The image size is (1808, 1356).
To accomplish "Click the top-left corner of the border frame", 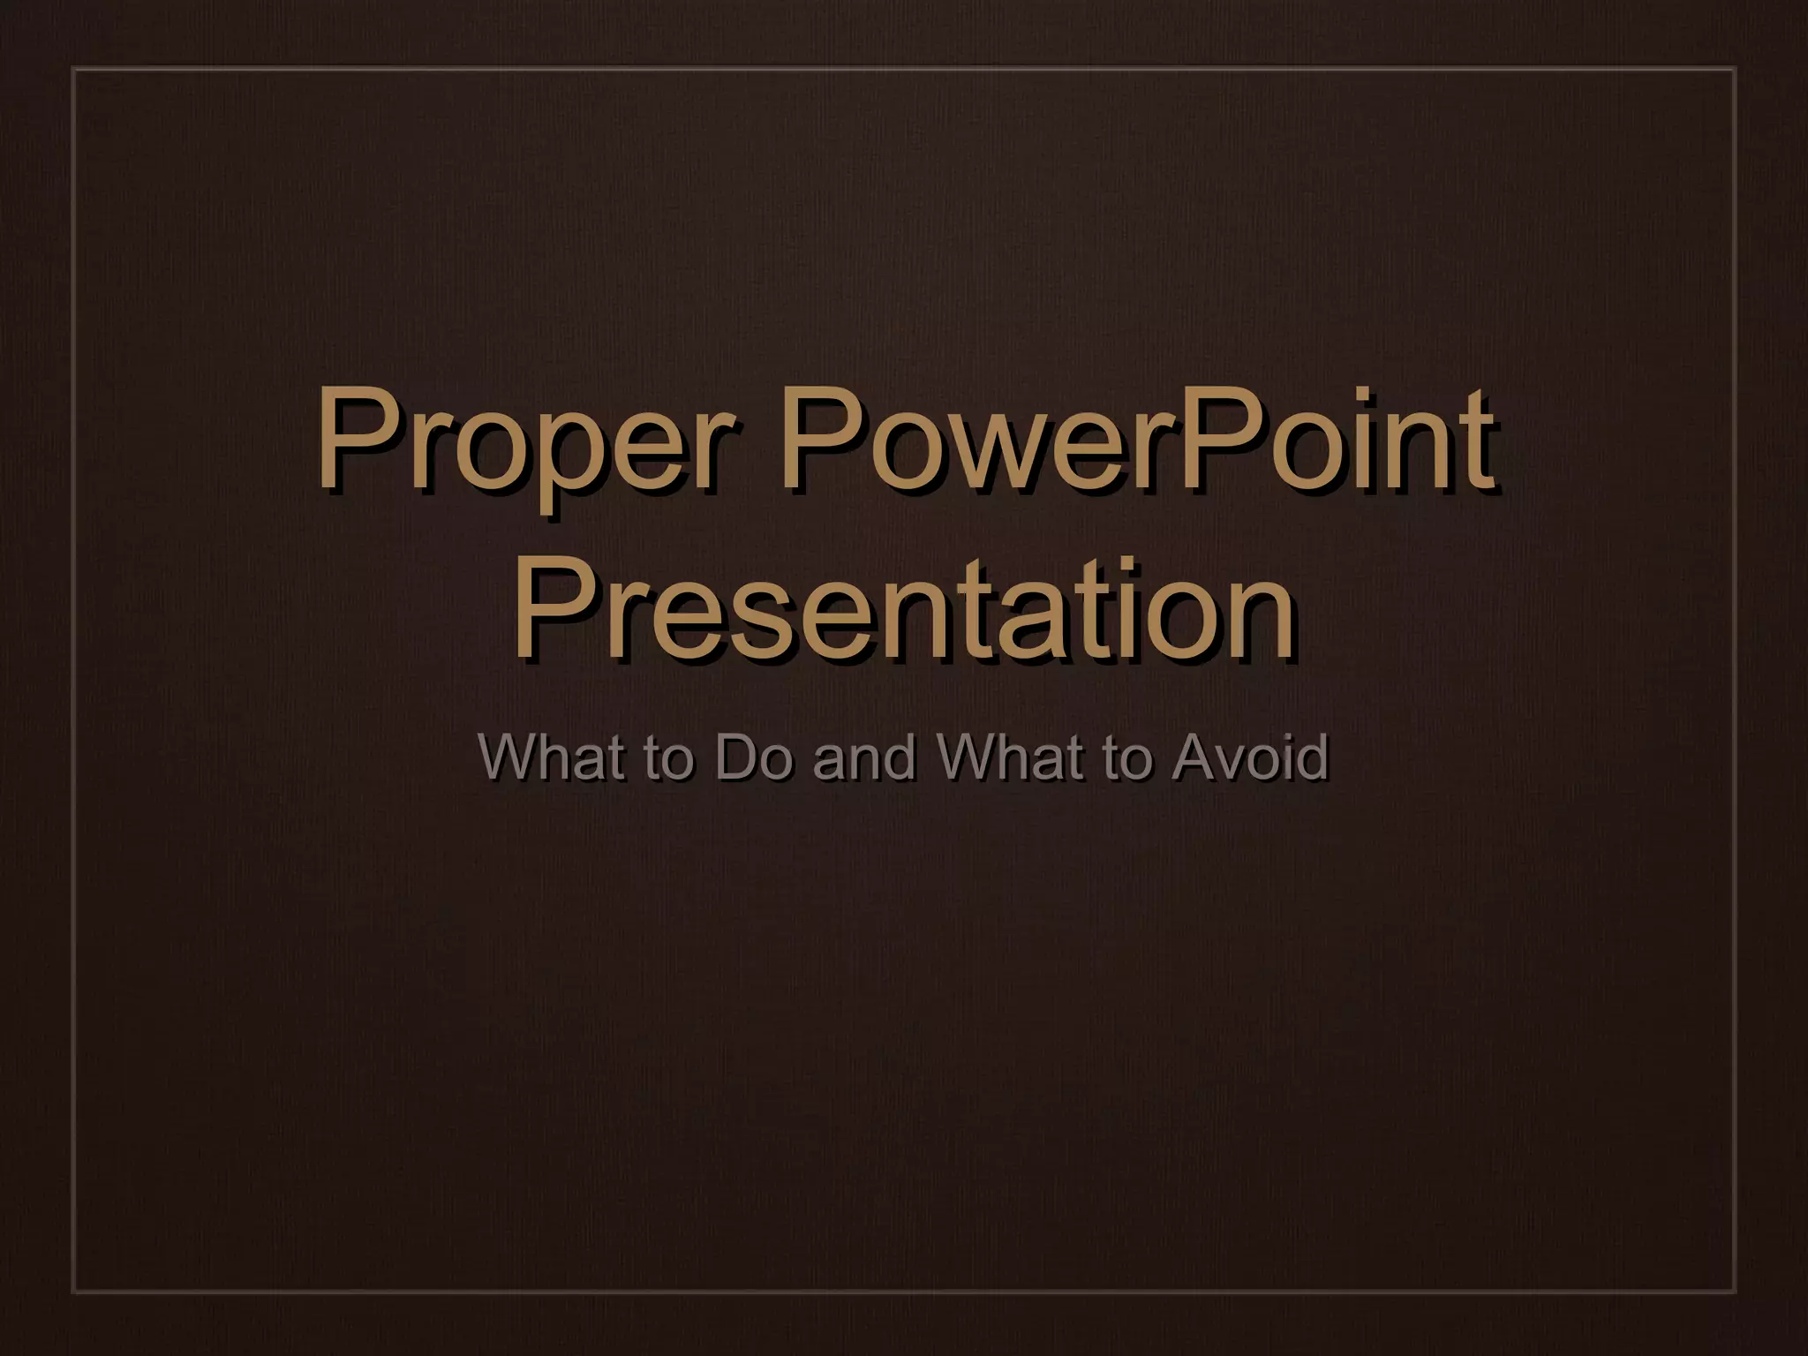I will [72, 69].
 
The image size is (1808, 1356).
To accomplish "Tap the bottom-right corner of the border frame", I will [1736, 1293].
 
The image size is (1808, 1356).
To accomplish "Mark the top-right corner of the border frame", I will [1736, 69].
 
